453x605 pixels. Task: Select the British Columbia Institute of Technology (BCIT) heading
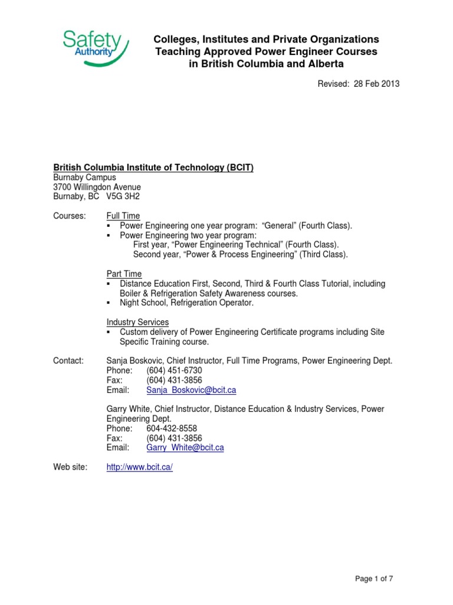153,168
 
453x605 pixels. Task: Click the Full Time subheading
123,216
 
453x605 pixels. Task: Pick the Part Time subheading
124,274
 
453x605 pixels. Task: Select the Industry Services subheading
137,322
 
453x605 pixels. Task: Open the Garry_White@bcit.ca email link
185,448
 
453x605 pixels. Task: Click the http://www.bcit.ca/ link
140,467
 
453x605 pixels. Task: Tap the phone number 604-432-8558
172,428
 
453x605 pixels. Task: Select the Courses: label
70,216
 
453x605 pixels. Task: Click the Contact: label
68,360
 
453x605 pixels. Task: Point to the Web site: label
70,467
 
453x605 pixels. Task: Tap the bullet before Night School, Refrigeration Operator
109,303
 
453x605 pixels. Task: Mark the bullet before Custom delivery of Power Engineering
109,332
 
